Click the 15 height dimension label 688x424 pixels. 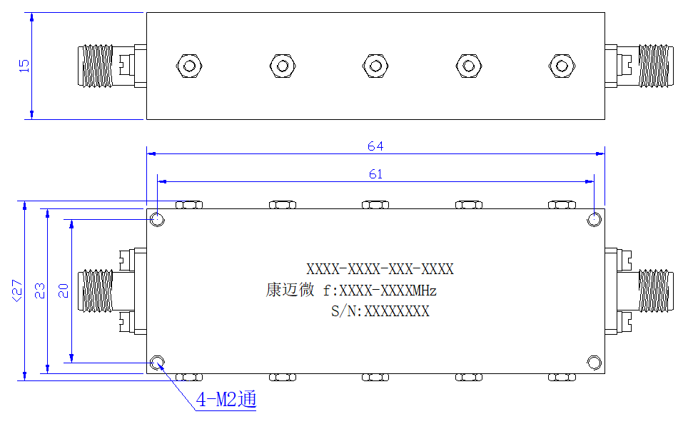pos(24,66)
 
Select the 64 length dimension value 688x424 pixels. pos(375,146)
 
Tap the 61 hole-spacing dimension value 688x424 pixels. pos(375,174)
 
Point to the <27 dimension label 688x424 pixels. pos(16,291)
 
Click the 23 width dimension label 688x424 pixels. pos(39,291)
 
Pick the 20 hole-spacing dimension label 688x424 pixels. pos(64,291)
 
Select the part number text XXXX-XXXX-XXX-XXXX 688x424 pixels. pos(380,269)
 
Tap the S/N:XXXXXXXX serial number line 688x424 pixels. pos(380,311)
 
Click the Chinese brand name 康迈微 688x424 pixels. pos(290,290)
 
